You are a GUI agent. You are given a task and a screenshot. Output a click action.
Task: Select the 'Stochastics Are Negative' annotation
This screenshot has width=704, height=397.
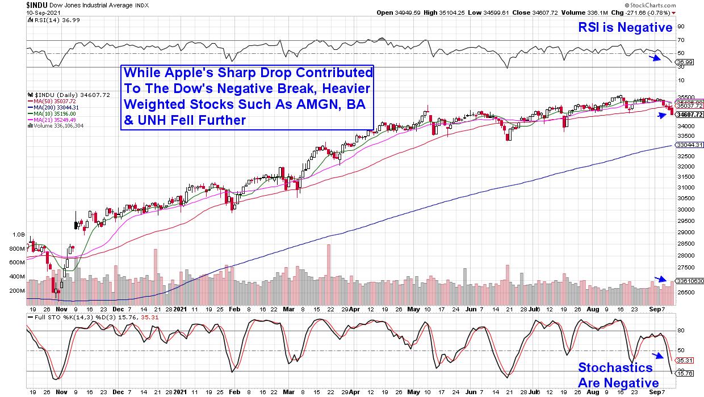tap(618, 375)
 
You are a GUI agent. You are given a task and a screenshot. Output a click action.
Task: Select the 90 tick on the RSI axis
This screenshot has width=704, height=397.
tap(680, 26)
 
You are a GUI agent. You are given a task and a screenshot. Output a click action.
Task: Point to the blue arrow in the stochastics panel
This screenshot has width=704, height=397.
tap(657, 356)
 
